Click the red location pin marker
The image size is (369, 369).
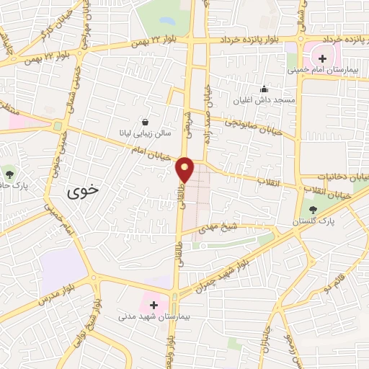[185, 169]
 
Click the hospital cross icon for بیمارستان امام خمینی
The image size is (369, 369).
[321, 57]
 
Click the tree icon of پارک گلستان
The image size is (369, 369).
[312, 209]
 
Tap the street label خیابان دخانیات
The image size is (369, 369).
[334, 176]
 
